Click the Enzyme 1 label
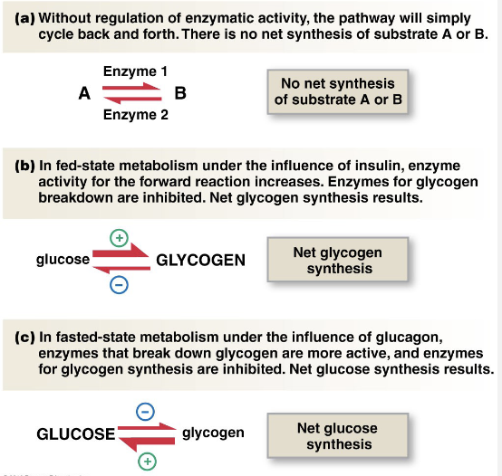pos(135,71)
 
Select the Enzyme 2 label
pos(135,115)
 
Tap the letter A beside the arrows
pos(84,93)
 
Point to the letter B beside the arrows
pos(180,93)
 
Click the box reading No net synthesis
pos(338,91)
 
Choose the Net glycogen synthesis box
pos(338,260)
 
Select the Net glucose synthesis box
pos(338,435)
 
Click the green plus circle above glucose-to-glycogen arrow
pos(119,238)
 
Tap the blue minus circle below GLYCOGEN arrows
pos(119,285)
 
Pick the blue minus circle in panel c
pos(145,412)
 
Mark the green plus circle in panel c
pos(148,462)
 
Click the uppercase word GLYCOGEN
pos(201,260)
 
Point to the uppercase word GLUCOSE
pos(76,434)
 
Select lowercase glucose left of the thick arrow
pos(63,259)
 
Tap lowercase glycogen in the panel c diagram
pos(213,433)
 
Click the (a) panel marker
pos(25,18)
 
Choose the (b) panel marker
pos(25,166)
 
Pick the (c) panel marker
pos(25,338)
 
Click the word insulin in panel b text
pos(380,166)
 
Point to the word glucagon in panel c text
pos(409,338)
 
